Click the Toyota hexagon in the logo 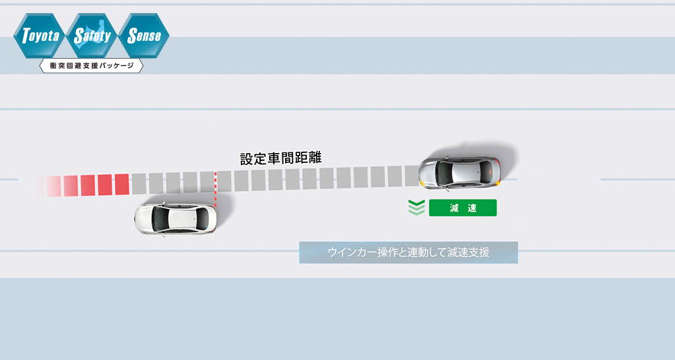pos(39,36)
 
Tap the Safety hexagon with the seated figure pos(92,36)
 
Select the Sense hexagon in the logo pos(144,36)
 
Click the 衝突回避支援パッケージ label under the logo pos(91,66)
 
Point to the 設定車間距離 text pos(280,158)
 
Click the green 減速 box pos(463,208)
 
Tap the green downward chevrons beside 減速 pos(416,207)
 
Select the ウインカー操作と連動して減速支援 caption pos(408,252)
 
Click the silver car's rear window pos(486,173)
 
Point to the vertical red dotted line pos(215,190)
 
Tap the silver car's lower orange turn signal pos(498,183)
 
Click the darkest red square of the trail pos(122,185)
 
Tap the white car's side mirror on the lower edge pos(163,235)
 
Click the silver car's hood pos(428,173)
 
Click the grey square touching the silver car pos(412,176)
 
